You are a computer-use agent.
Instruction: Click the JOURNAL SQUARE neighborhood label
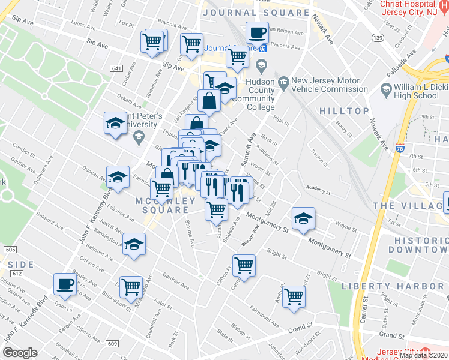pos(256,13)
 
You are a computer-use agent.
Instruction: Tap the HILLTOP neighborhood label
pos(344,111)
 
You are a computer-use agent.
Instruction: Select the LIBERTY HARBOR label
pos(395,286)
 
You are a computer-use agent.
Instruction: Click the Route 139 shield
pos(378,38)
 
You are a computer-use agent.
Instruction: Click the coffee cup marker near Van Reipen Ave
pos(258,32)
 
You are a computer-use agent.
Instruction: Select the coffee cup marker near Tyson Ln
pos(65,284)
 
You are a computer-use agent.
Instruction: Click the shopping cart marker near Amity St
pos(294,296)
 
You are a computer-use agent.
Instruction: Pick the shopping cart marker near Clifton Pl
pos(244,265)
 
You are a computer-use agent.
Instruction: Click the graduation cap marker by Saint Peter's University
pos(116,124)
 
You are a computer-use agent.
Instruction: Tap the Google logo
pos(20,353)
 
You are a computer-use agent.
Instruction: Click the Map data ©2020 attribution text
pos(423,355)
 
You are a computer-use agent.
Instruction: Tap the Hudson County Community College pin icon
pos(261,65)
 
